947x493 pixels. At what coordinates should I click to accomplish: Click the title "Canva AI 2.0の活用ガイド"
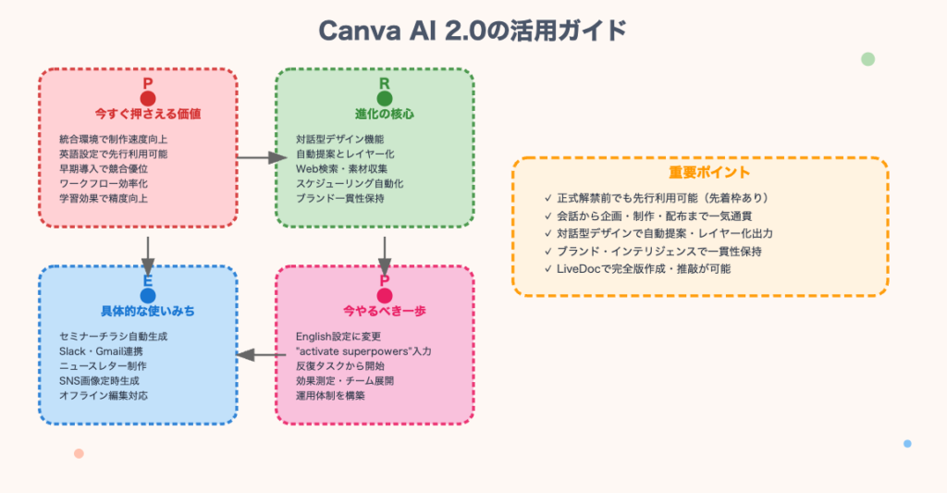coord(473,30)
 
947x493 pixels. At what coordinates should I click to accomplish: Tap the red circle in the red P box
coord(148,98)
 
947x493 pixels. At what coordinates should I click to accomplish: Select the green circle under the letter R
coord(385,98)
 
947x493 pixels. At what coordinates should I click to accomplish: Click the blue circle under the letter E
coord(148,295)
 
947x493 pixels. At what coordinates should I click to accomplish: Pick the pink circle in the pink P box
coord(385,295)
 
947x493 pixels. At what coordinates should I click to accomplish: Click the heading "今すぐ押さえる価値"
coord(148,115)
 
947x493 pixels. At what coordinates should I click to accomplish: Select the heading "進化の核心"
coord(385,115)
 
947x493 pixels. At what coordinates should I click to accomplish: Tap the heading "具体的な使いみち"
coord(148,311)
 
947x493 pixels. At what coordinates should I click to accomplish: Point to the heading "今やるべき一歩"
coord(385,311)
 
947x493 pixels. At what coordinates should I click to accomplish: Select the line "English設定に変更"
coord(338,336)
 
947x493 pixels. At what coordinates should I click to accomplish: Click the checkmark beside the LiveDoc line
coord(549,268)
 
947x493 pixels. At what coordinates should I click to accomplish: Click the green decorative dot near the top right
coord(867,59)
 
